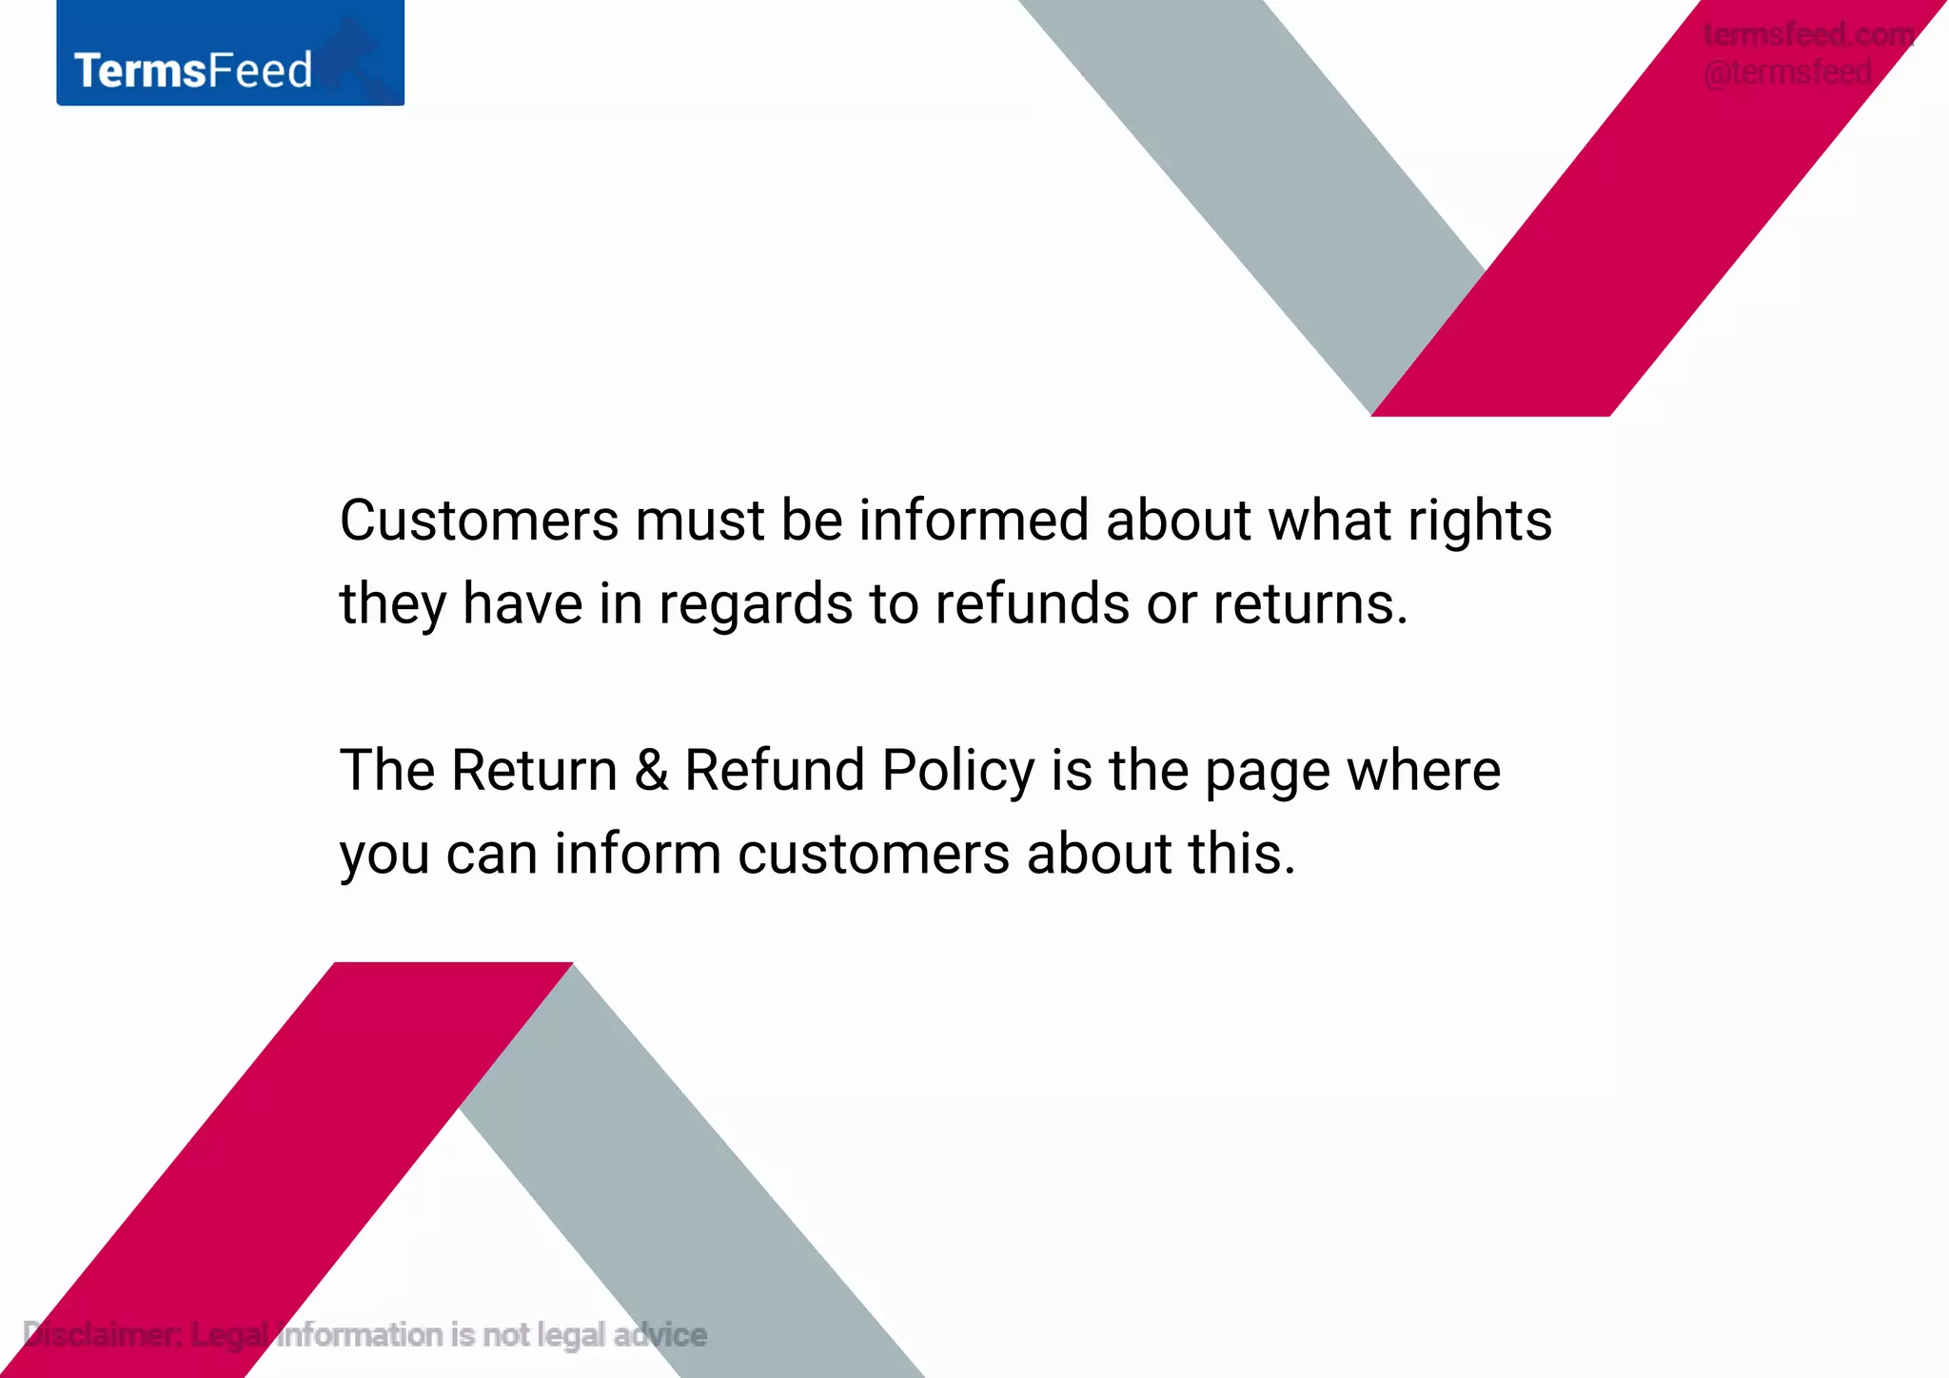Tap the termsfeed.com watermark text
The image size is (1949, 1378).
coord(1808,34)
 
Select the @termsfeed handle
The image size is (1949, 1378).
coord(1787,72)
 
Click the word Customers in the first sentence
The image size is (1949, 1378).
coord(480,521)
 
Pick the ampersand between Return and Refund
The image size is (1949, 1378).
coord(651,770)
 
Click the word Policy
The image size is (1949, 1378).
coord(957,772)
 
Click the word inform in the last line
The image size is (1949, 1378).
coord(638,853)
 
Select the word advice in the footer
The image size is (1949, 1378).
coord(660,1335)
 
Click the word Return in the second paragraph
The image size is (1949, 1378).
coord(534,770)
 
